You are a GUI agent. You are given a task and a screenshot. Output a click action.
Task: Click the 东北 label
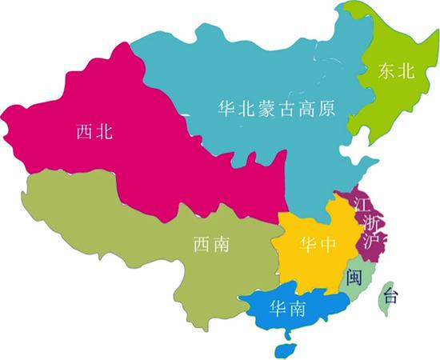coord(397,72)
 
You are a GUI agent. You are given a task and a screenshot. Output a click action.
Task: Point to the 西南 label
coord(211,243)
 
